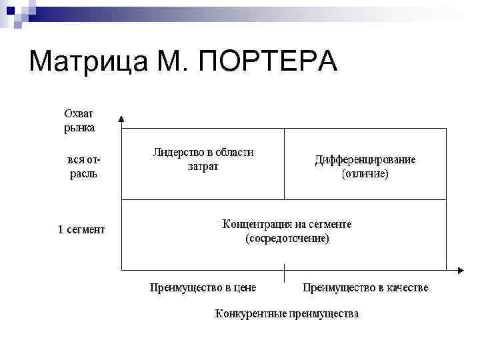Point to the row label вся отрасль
(x=83, y=167)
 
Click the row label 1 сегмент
(x=81, y=230)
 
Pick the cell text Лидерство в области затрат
(x=203, y=159)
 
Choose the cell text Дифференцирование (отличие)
(x=365, y=167)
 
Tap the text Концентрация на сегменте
(x=287, y=224)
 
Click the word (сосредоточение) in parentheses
(x=287, y=238)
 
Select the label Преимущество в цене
(x=203, y=288)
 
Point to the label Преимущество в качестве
(x=365, y=288)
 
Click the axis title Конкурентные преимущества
(x=287, y=313)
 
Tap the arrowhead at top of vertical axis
(x=121, y=119)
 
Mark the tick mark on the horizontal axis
(x=285, y=271)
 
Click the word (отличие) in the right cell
(x=365, y=174)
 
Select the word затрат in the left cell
(x=203, y=167)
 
